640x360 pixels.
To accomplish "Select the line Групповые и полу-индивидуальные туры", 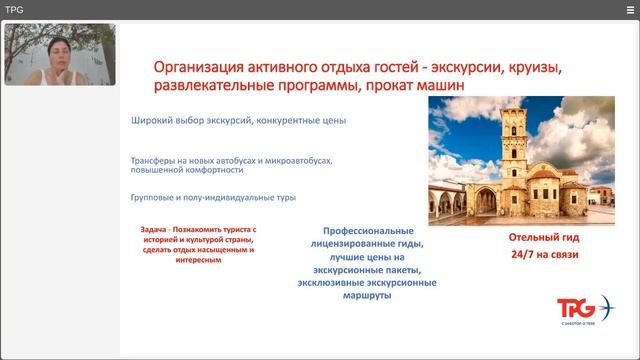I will pyautogui.click(x=213, y=198).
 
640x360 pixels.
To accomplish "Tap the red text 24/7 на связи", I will pyautogui.click(x=542, y=256).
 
